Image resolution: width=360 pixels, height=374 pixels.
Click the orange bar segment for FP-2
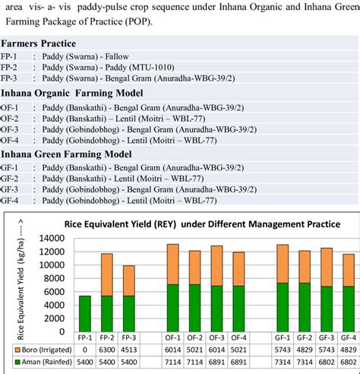coord(106,274)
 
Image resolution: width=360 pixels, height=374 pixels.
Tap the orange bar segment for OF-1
coord(173,264)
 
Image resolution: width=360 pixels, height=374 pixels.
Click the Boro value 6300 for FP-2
coord(106,349)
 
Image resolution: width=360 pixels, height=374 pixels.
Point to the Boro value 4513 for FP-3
coord(128,349)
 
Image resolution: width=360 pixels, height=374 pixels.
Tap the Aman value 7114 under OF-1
coord(173,362)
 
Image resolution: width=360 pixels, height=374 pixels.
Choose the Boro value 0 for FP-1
coord(84,349)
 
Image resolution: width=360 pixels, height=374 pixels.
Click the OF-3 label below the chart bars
coord(217,336)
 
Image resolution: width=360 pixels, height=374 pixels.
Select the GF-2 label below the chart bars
coord(304,336)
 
